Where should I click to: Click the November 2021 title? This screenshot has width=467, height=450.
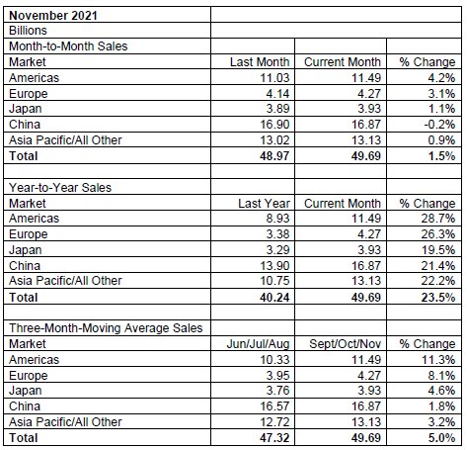[53, 16]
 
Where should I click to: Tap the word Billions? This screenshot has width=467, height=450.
[28, 31]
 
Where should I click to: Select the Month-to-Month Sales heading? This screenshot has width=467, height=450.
[68, 46]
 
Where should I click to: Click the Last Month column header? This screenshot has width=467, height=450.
[260, 62]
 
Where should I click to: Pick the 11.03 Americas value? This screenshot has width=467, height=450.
[274, 78]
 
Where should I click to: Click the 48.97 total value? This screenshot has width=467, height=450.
[274, 156]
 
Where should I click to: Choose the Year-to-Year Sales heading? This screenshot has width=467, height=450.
[60, 188]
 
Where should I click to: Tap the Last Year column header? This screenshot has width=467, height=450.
[264, 204]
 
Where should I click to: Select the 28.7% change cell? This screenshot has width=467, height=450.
[438, 219]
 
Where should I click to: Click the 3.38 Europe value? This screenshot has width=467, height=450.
[277, 234]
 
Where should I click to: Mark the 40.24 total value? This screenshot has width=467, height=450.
[274, 298]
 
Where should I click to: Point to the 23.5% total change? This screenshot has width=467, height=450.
[438, 298]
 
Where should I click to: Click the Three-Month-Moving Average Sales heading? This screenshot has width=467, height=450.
[106, 328]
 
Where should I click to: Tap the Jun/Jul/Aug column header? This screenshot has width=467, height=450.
[258, 344]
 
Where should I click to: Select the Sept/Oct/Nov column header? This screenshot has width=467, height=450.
[345, 344]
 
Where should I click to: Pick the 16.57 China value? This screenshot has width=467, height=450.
[274, 406]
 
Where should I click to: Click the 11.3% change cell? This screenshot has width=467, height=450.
[438, 360]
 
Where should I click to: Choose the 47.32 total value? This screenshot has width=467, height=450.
[274, 438]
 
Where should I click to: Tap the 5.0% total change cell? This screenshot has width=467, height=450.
[441, 438]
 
